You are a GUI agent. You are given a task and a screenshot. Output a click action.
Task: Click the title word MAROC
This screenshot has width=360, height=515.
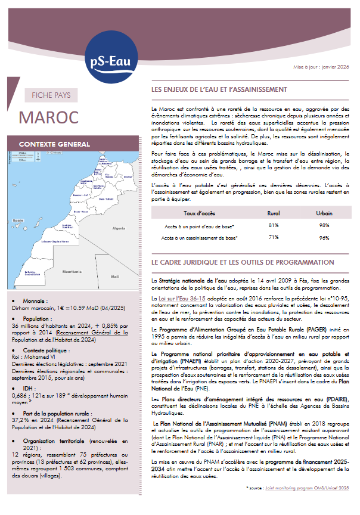pos(49,117)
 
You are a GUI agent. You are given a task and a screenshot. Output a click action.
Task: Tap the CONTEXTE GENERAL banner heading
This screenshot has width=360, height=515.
pos(55,144)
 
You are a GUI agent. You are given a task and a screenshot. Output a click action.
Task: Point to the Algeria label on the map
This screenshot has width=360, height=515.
pos(119,228)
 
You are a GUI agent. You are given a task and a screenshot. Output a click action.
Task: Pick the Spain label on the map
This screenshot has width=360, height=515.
pos(18,221)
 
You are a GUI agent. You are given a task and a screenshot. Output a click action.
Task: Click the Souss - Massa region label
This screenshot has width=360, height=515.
pos(81,211)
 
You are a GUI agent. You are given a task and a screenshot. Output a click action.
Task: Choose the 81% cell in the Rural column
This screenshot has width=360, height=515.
pos(274,225)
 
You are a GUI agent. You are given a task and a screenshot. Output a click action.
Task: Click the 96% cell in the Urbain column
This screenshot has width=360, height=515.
pos(324,238)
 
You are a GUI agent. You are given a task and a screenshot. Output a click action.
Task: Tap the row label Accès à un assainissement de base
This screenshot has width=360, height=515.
pos(199,238)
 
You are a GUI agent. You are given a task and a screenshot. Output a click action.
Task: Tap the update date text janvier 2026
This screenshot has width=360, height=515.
pos(335,67)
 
